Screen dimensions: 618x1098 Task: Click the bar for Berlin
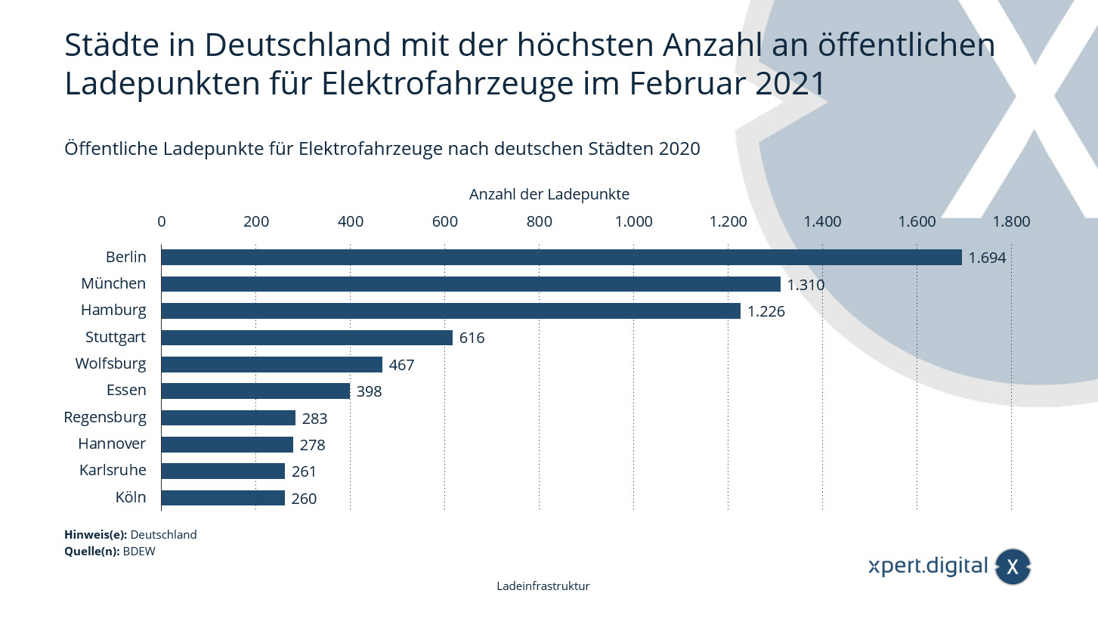[x=561, y=258]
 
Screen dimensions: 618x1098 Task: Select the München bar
[x=470, y=284]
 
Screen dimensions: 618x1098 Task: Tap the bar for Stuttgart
[x=306, y=338]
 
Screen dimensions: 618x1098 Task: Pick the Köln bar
[x=222, y=498]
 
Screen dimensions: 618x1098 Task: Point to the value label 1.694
[x=988, y=258]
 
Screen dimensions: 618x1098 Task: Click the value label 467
[x=401, y=365]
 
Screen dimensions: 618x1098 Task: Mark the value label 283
[x=314, y=419]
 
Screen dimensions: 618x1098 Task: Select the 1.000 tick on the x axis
[x=633, y=221]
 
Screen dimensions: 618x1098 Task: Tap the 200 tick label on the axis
[x=256, y=221]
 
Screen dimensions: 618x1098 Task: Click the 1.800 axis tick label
[x=1011, y=221]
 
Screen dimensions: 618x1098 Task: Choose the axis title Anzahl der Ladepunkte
[x=549, y=194]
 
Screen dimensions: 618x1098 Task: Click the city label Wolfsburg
[x=110, y=364]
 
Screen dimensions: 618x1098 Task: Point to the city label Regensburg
[x=105, y=418]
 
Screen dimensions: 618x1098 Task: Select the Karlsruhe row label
[x=113, y=471]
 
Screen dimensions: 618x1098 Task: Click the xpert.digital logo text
[x=928, y=566]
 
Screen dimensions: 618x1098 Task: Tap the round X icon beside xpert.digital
[x=1013, y=567]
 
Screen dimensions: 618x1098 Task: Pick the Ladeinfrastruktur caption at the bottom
[x=543, y=586]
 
